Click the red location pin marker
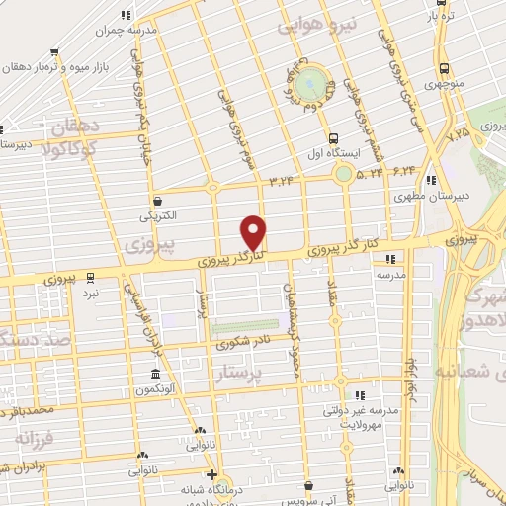pyautogui.click(x=254, y=232)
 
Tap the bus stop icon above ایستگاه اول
pyautogui.click(x=332, y=139)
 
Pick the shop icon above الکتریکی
pyautogui.click(x=157, y=199)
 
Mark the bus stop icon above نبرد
pyautogui.click(x=90, y=277)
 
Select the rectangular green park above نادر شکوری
pyautogui.click(x=244, y=326)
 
